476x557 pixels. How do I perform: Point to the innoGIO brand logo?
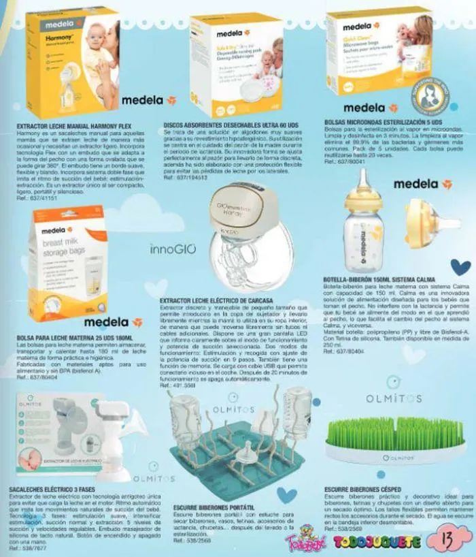pos(167,251)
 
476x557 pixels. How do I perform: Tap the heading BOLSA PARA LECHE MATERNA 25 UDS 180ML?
pos(73,338)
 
